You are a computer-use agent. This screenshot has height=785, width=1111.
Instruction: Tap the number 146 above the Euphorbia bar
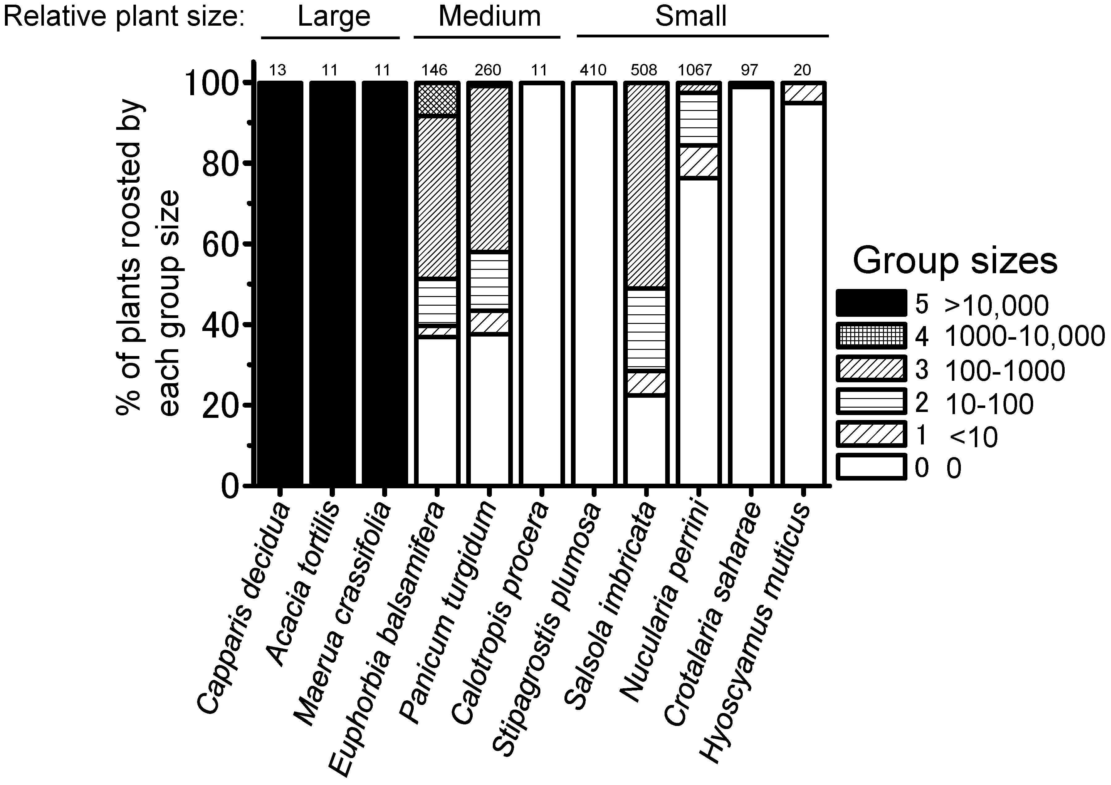[434, 71]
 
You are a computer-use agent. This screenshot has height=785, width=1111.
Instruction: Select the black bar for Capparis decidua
[280, 283]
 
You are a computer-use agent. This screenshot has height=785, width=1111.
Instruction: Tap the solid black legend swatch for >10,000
[871, 303]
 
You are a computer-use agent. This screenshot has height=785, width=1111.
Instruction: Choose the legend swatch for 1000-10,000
[871, 336]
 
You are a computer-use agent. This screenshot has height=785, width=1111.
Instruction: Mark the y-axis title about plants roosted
[148, 257]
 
